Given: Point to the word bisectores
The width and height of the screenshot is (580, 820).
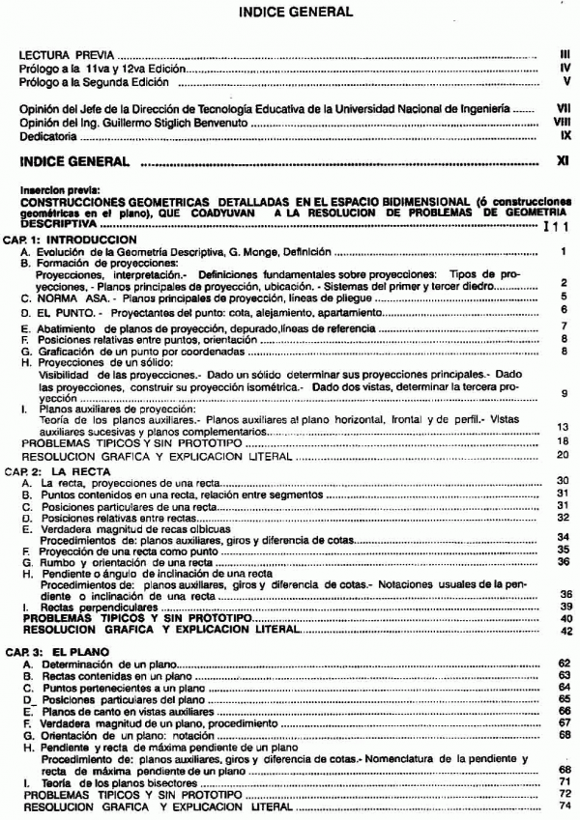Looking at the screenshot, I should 171,780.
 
